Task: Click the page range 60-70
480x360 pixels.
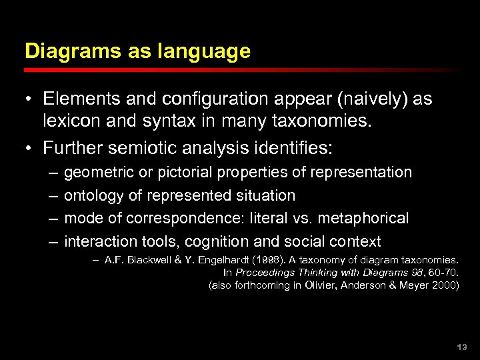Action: pos(441,273)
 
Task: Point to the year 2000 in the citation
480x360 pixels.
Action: pos(443,285)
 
